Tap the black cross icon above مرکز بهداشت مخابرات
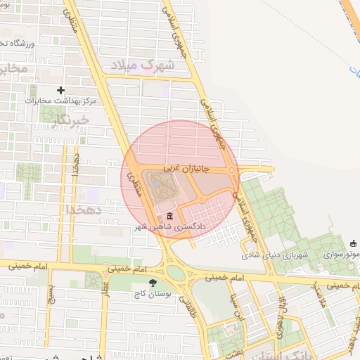(61, 90)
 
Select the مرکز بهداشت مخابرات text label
(59, 101)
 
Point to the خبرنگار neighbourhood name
(71, 121)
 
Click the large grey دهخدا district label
(84, 210)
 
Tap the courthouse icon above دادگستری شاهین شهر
(169, 216)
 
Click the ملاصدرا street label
(317, 294)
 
